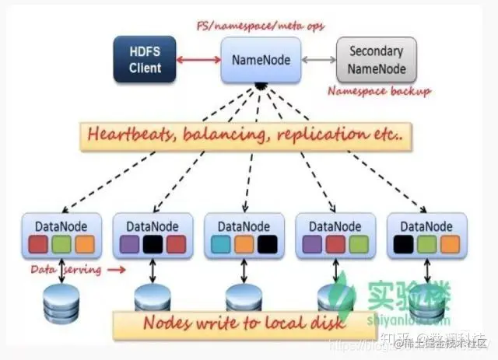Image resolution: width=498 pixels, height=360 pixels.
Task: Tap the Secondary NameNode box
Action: tap(376, 58)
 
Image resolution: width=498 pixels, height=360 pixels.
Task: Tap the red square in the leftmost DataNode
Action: tap(37, 243)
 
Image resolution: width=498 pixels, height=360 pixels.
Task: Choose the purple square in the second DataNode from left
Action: tap(128, 243)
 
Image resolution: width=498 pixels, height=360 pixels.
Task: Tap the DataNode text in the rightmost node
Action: tap(426, 225)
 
